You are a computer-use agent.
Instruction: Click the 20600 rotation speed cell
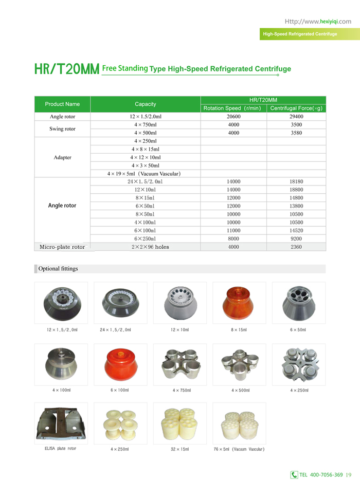(233, 117)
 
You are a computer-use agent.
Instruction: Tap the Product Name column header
(62, 104)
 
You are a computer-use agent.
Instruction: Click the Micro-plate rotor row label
(62, 247)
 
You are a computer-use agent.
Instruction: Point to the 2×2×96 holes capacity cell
(145, 247)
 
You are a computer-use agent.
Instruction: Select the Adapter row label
(62, 157)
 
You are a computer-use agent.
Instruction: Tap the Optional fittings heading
(58, 269)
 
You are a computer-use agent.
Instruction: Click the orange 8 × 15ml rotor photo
(239, 303)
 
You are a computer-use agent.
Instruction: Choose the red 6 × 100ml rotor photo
(120, 363)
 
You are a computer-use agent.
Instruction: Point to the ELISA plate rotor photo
(61, 424)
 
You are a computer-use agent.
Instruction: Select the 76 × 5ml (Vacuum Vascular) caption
(239, 449)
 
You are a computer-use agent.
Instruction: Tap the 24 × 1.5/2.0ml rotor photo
(120, 303)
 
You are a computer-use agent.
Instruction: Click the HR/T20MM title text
(66, 69)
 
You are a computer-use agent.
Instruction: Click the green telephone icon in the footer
(294, 474)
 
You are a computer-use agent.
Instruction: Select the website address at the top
(318, 22)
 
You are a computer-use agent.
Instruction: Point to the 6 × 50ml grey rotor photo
(298, 303)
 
